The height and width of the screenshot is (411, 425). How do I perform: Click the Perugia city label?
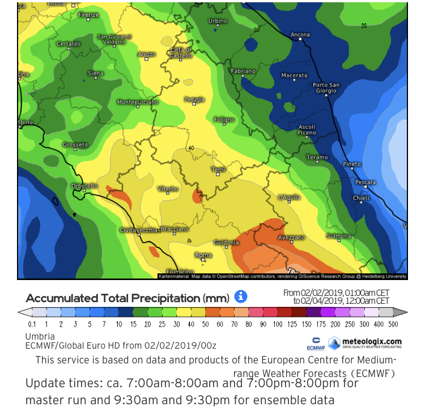coord(194,99)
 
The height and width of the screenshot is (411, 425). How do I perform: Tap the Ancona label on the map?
coord(300,35)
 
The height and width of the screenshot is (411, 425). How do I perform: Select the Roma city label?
coord(203,255)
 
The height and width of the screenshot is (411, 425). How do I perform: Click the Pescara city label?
coord(365,183)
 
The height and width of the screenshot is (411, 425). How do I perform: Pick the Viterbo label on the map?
coord(168,188)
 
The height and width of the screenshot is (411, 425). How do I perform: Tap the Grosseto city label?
coord(75,145)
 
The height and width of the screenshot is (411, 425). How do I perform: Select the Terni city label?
coord(218,170)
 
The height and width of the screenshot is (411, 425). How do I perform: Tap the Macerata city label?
coord(295,75)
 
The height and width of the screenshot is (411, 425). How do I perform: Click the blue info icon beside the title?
coord(241,296)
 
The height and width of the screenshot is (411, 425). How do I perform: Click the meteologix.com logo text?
coord(372,341)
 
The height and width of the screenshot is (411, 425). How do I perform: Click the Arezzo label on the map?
coord(146,54)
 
